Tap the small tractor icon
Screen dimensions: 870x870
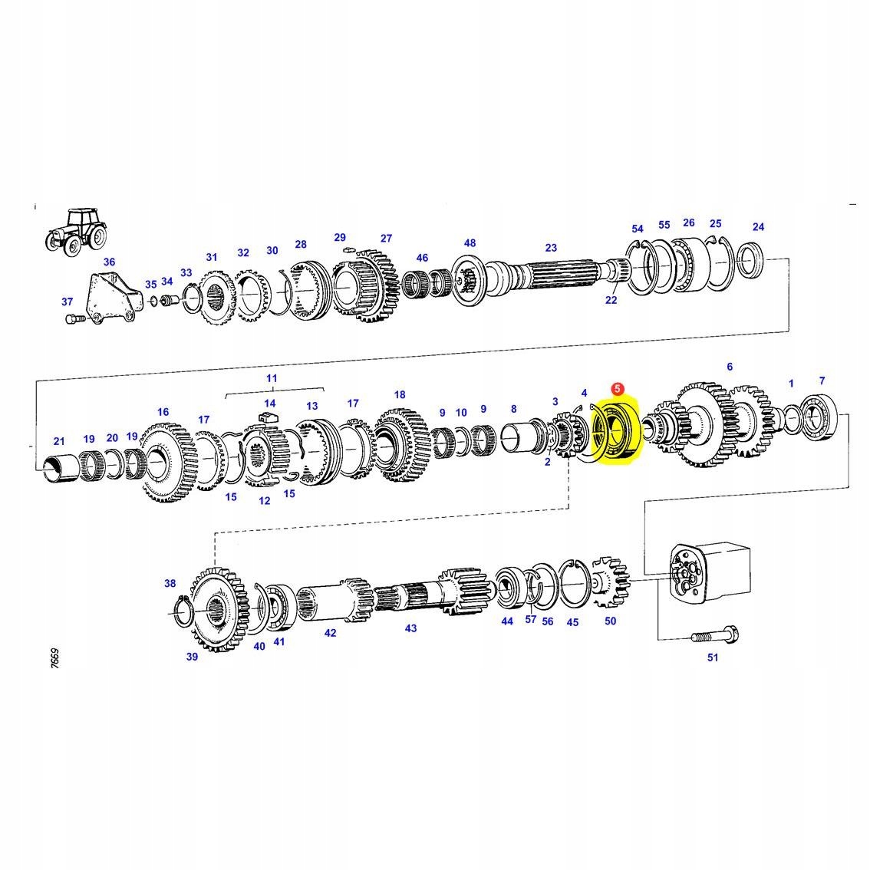75,228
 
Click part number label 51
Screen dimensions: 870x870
713,657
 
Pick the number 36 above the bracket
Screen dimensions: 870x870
109,262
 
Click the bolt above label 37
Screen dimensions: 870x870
73,318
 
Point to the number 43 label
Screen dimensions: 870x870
410,628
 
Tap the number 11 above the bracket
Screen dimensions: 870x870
272,378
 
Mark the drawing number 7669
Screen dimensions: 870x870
54,662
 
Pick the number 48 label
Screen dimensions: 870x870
470,243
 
